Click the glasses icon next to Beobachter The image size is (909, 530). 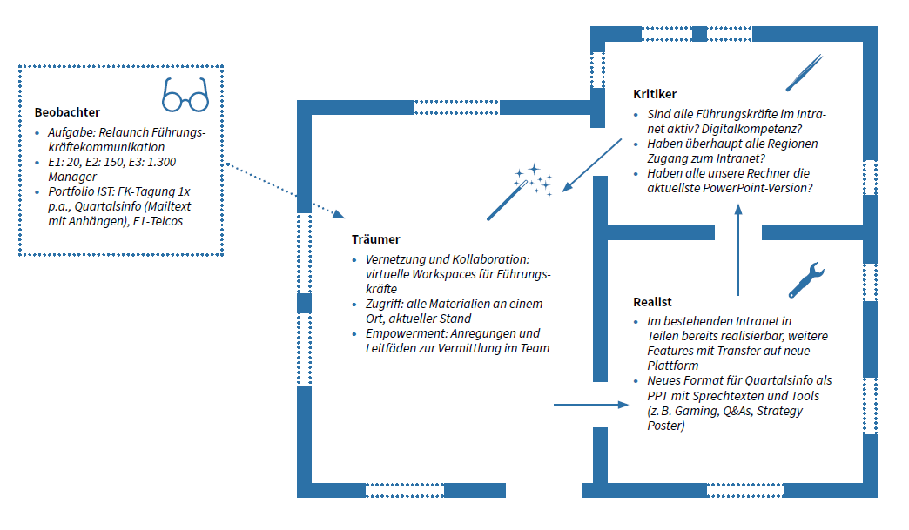click(185, 96)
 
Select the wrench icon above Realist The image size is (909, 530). click(805, 279)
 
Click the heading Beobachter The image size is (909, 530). click(67, 112)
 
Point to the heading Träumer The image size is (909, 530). click(375, 239)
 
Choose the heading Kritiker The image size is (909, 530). click(655, 94)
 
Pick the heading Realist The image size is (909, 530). click(652, 302)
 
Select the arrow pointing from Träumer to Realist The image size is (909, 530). click(590, 405)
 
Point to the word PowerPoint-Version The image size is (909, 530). click(763, 188)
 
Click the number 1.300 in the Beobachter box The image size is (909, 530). click(161, 163)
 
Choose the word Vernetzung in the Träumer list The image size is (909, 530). click(395, 259)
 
